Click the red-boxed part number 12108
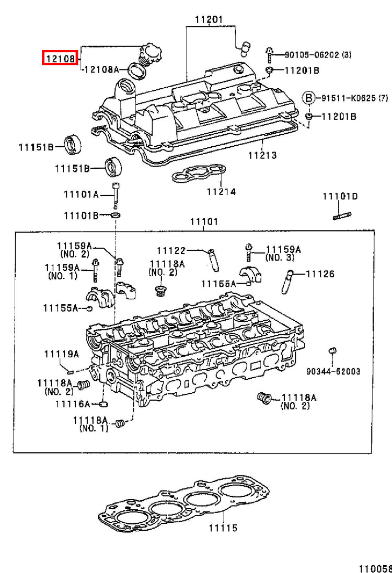tap(60, 58)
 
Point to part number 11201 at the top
tap(209, 19)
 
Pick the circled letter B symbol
tap(308, 98)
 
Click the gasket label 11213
tap(262, 155)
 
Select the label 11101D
tap(340, 196)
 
